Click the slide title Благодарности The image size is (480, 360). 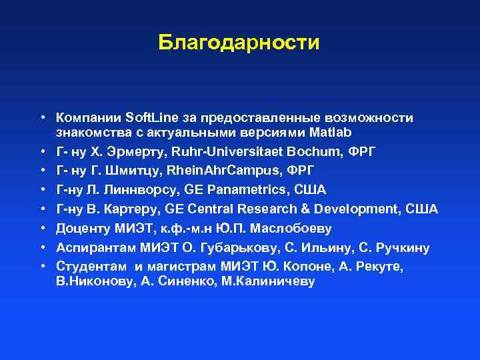pos(239,43)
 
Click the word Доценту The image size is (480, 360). pos(82,229)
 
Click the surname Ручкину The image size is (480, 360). pos(399,248)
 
